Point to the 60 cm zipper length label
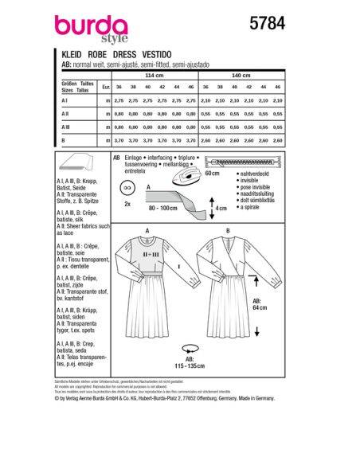click(233, 172)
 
